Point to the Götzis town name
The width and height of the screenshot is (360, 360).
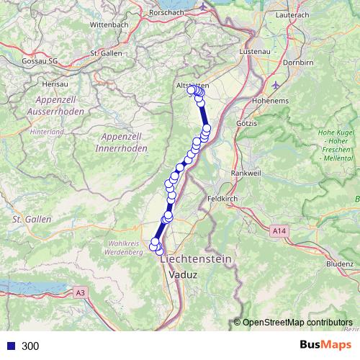pyautogui.click(x=246, y=123)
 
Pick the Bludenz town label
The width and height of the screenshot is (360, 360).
pyautogui.click(x=339, y=264)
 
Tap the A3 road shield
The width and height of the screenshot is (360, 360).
pyautogui.click(x=79, y=292)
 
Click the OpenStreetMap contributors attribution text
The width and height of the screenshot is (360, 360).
pyautogui.click(x=297, y=323)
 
